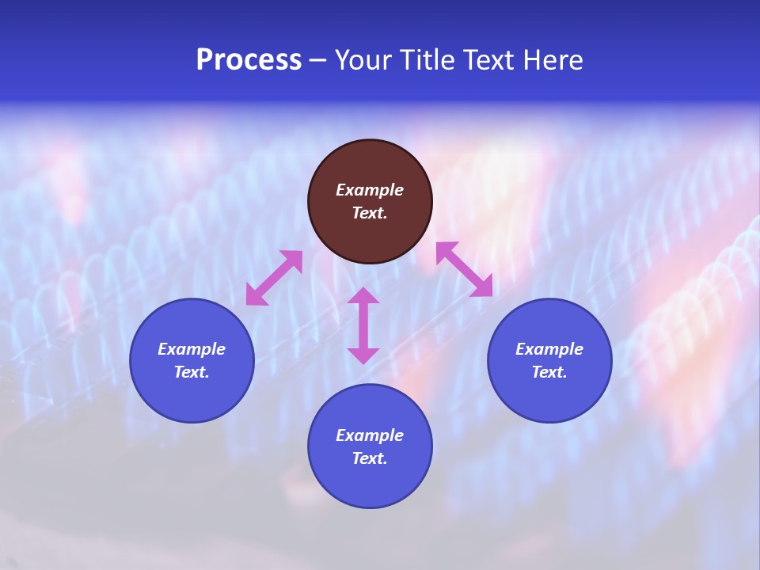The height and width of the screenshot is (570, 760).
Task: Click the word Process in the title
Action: pos(249,60)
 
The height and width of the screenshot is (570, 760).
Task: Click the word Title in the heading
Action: pos(426,60)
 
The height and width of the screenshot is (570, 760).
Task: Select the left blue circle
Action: pos(192,396)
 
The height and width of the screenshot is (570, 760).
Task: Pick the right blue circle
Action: pos(549,396)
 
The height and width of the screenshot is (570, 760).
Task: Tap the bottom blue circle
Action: pos(370,483)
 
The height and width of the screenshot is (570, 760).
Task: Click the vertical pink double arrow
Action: pos(363,325)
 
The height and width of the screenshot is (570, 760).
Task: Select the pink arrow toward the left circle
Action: pos(274,278)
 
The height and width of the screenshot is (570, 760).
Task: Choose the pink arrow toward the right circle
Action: pos(465,269)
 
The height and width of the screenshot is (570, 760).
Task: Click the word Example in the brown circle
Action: pos(370,190)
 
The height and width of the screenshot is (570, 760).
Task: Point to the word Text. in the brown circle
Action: pos(370,213)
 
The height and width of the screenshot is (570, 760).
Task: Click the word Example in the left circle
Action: pos(192,349)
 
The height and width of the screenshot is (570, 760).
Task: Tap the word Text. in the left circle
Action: pos(192,372)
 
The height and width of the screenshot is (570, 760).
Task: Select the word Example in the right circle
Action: pos(549,349)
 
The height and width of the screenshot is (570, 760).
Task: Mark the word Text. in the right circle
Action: pos(549,372)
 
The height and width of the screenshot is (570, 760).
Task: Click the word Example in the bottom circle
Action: pos(370,435)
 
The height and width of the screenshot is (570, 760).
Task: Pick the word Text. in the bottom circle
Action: pos(370,458)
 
